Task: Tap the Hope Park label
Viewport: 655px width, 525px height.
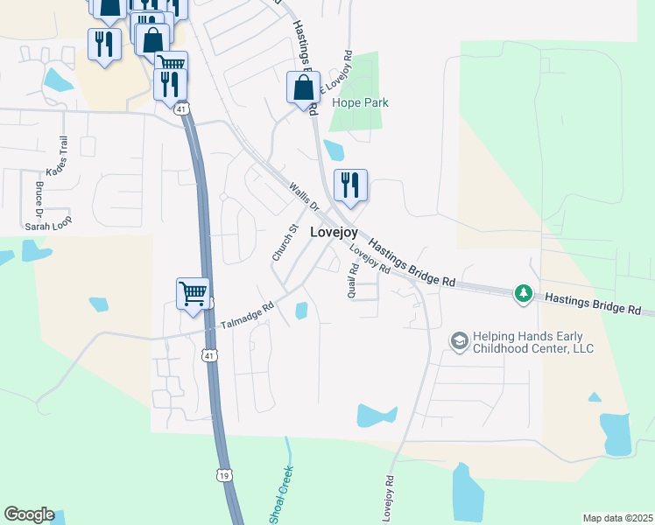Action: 360,102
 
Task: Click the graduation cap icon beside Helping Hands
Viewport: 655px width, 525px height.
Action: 459,340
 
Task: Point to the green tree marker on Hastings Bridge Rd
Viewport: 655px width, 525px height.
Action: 523,293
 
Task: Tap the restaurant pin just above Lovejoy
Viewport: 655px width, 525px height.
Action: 350,185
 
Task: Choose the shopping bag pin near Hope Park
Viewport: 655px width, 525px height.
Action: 303,88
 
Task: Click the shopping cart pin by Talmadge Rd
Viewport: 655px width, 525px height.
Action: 193,293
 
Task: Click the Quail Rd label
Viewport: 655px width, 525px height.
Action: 354,282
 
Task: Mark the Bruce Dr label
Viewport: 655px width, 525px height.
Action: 39,199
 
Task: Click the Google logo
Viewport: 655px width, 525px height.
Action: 29,514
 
